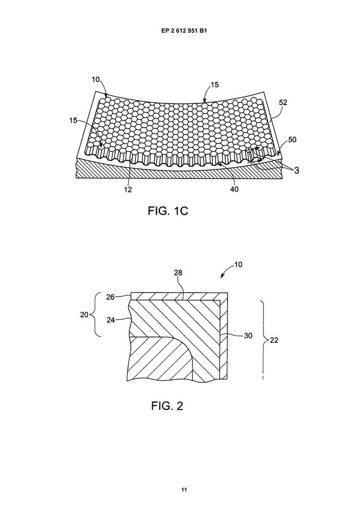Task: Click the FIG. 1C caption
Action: point(167,211)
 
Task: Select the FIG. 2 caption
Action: point(167,406)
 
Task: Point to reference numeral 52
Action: point(283,103)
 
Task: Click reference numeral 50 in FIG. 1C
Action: point(292,139)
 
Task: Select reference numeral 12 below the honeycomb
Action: point(128,190)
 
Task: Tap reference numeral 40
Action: point(234,190)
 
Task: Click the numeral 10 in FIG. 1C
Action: point(96,80)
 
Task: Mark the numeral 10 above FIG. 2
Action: point(238,264)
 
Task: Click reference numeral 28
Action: point(178,273)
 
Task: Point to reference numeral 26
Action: point(111,297)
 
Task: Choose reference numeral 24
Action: point(111,320)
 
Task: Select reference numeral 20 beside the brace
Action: point(84,315)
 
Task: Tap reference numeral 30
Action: point(248,335)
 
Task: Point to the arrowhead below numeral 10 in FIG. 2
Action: point(222,276)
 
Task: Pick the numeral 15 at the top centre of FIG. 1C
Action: point(214,85)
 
